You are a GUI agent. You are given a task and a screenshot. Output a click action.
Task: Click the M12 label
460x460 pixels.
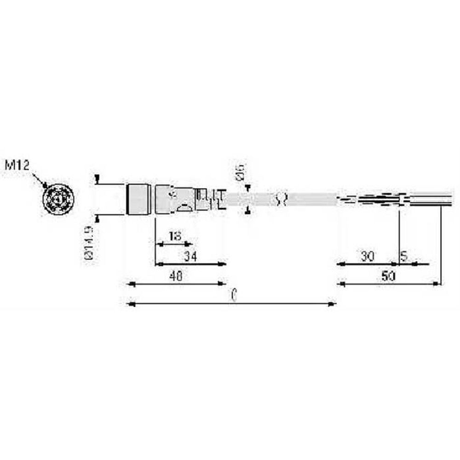point(17,164)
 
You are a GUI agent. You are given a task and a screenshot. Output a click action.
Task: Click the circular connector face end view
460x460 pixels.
point(58,200)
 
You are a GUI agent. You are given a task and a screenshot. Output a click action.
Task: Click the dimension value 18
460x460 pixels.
point(174,236)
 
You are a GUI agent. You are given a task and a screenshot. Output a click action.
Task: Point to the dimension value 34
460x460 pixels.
point(190,257)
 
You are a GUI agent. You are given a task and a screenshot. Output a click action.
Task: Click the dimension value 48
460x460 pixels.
point(175,276)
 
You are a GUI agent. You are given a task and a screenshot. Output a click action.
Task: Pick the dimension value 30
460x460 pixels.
point(367,257)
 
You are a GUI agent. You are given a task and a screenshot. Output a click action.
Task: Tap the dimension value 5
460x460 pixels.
point(403,257)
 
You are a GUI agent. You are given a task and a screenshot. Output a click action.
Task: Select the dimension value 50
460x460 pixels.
point(389,276)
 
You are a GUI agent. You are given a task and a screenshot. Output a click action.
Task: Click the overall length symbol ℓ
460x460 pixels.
point(234,296)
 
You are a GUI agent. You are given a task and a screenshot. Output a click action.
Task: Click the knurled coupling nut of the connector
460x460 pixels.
point(138,199)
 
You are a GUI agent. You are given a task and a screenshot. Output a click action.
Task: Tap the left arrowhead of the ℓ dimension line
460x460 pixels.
point(131,304)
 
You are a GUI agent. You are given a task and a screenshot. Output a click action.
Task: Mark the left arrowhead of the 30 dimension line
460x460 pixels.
point(341,264)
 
